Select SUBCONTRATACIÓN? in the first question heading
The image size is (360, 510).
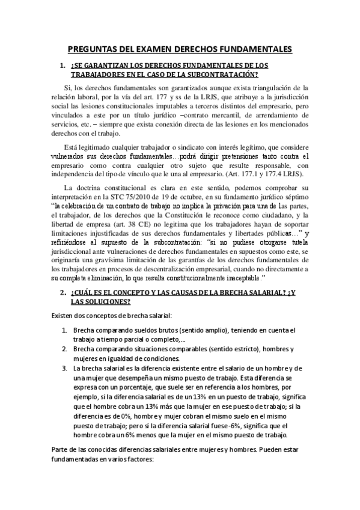coord(224,75)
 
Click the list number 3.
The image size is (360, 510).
coord(64,368)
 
